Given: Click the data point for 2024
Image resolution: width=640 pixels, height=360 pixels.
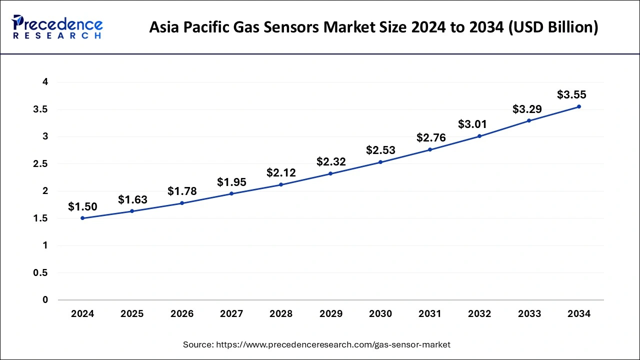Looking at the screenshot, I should coord(82,218).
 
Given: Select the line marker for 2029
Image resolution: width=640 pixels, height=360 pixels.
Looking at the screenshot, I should coord(331,173).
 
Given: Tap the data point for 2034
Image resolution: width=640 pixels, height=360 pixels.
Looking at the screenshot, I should coord(579,106).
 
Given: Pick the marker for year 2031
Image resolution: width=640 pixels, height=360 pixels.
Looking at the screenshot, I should coord(430,149).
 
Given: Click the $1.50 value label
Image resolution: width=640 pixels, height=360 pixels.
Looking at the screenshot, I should coord(82,206).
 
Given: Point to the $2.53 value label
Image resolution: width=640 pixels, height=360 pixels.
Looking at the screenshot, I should coord(380,150).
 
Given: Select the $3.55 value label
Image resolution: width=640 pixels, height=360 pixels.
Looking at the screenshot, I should coord(571,94).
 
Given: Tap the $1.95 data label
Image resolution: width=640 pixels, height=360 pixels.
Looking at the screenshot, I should coord(231,182).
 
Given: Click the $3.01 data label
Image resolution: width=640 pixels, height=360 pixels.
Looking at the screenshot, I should coord(472,124).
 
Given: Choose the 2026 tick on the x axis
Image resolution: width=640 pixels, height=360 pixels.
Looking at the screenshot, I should coord(182,314).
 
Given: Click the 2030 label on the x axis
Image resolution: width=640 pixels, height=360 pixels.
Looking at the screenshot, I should coord(380,314).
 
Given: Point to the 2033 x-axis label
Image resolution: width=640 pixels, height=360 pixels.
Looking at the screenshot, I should coord(529,314).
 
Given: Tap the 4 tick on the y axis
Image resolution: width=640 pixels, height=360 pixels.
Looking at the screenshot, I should coord(45,82).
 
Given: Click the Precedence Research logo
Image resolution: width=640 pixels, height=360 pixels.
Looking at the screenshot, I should coord(57,26).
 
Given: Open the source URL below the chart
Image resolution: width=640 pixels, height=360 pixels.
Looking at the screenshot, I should coord(332,344).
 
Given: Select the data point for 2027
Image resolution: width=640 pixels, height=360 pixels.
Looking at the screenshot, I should coord(231,193).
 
